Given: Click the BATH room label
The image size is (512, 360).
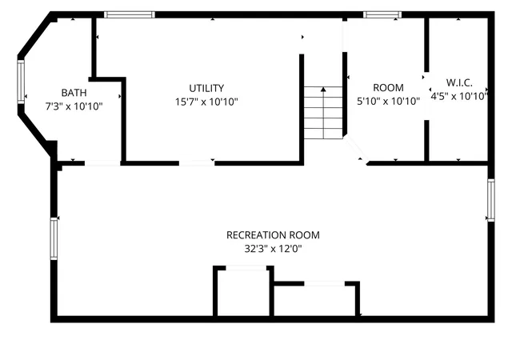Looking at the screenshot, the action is coord(74,93).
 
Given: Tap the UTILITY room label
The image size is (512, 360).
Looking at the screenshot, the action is coord(206,88).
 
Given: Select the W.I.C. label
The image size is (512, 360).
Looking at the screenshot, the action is coord(459,82).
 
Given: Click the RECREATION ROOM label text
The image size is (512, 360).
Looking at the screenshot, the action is coord(273,235).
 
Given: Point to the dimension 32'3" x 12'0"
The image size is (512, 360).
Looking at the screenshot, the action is coord(273,249).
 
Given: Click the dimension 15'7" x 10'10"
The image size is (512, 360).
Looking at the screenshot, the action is coord(206,102).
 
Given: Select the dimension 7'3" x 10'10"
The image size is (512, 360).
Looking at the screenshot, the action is coord(74,106).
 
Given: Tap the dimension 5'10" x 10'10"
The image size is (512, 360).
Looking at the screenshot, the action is coord(388,102).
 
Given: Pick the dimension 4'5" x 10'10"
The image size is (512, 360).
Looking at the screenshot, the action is coord(459,96).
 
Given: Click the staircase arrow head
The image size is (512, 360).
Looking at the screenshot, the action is coord(323,89).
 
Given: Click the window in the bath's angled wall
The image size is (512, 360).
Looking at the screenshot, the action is coord(21,82).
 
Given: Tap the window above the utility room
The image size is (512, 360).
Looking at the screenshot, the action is coord(130,14).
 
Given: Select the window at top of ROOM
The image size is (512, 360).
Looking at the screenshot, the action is coord(382,14).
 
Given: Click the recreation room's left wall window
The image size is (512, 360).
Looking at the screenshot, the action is coord(54,239).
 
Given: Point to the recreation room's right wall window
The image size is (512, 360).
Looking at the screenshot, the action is coord(490,200).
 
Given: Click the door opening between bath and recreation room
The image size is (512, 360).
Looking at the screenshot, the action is coord(102,163).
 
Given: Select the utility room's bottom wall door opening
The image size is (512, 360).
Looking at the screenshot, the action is coord(197,163).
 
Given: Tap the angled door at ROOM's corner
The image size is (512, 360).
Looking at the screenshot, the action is coord(356,150).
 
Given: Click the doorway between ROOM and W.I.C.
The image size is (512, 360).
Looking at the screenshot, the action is coord(426,96).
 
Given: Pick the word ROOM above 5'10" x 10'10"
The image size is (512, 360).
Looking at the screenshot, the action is coord(388,87).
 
